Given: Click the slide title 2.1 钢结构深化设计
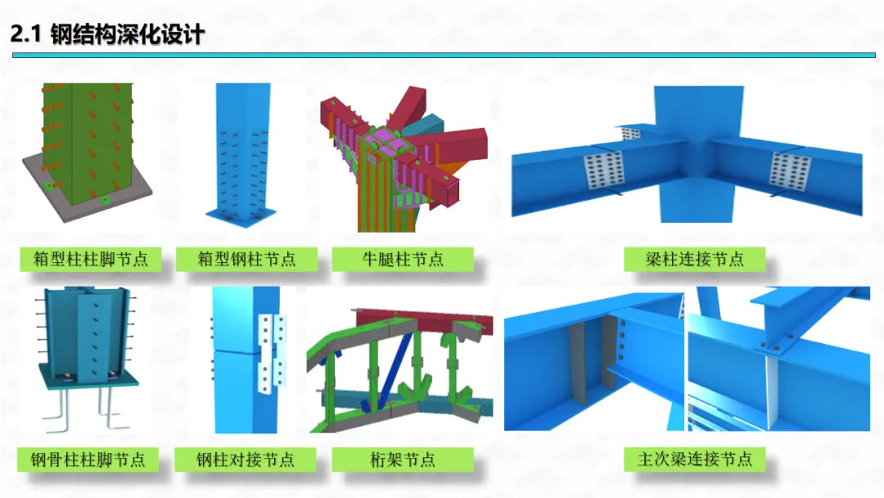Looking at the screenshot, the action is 107,35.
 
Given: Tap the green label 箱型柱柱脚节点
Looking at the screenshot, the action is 90,260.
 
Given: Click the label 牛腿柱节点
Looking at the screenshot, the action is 403,260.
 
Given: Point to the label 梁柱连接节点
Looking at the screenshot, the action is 694,260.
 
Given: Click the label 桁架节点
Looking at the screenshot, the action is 403,459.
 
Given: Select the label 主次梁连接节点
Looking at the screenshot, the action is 694,459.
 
